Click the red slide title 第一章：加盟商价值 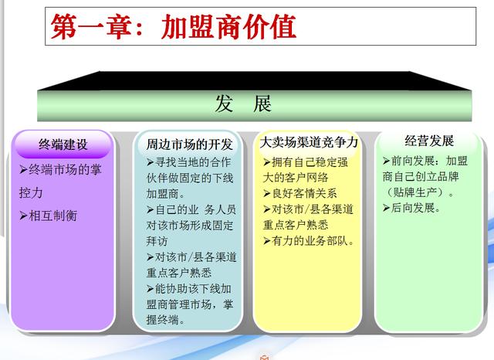click(173, 26)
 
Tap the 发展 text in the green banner click(243, 104)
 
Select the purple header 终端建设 click(63, 144)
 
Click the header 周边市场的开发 click(189, 144)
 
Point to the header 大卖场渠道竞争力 click(309, 142)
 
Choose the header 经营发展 click(429, 141)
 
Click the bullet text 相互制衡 click(53, 216)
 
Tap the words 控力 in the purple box click(31, 192)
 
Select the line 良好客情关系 click(304, 193)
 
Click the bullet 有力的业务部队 click(313, 241)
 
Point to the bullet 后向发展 click(416, 208)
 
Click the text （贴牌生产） click(418, 192)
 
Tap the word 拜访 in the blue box click(157, 241)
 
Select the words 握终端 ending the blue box click(165, 320)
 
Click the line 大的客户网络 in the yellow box click(296, 178)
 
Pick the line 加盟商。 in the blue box click(165, 194)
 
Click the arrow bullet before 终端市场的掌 click(23, 170)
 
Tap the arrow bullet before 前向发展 click(387, 161)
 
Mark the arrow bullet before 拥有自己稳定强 click(267, 162)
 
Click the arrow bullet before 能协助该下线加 click(151, 289)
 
